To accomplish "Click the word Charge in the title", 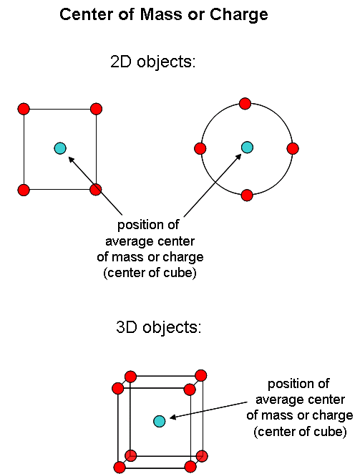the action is [239, 15].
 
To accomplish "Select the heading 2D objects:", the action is [153, 62].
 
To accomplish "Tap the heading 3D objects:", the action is [158, 327].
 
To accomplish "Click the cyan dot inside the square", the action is [60, 148].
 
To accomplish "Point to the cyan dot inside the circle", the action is [247, 147].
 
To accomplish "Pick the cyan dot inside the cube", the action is [160, 421].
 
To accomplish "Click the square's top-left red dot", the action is [24, 109].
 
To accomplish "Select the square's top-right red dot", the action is [96, 109].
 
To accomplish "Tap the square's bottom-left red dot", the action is [24, 190].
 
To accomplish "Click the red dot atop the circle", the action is [245, 103].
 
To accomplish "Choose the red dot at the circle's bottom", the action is [247, 195].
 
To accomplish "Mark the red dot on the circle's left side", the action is [200, 148].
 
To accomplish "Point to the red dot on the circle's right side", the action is [293, 148].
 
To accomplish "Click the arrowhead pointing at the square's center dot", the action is [72, 159].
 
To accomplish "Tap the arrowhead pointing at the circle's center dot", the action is [238, 157].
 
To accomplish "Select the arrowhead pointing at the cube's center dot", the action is [173, 417].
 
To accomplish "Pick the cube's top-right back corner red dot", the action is [201, 375].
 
